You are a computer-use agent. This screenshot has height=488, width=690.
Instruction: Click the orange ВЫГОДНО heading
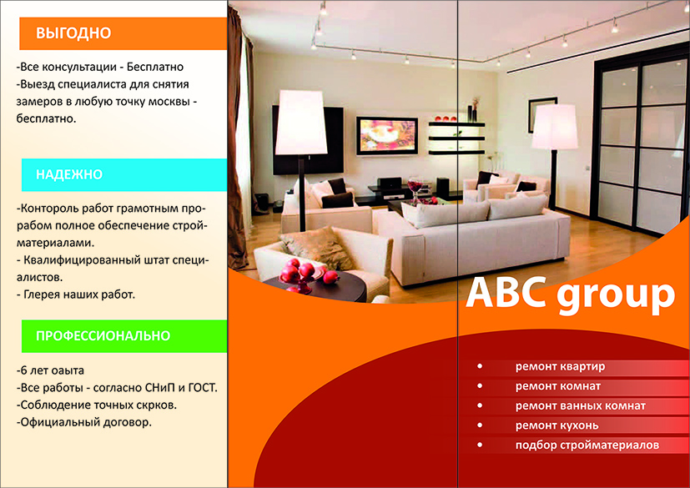click(73, 33)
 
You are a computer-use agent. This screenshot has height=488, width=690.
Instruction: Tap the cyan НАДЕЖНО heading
click(69, 174)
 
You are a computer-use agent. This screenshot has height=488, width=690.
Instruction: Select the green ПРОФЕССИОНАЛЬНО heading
click(103, 335)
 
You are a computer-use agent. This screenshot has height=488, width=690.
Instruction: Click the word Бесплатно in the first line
click(155, 67)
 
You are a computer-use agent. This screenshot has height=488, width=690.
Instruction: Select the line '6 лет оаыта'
click(50, 370)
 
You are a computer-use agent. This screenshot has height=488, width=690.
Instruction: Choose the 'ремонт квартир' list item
click(560, 366)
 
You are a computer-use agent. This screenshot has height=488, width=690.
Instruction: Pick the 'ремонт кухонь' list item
click(557, 425)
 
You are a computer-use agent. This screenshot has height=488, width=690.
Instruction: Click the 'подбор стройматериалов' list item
click(587, 445)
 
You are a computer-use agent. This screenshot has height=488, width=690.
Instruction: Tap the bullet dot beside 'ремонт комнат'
click(480, 386)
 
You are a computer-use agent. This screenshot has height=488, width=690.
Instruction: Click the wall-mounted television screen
click(387, 136)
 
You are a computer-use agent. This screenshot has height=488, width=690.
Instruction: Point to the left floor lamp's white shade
click(301, 122)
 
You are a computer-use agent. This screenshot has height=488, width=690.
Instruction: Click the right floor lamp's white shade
click(555, 127)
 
